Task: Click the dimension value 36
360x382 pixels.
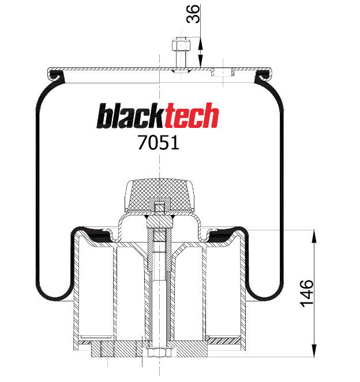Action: pyautogui.click(x=193, y=14)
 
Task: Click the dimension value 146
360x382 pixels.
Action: pyautogui.click(x=306, y=293)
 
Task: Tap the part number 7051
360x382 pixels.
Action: pyautogui.click(x=159, y=142)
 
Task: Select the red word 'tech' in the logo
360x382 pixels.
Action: pyautogui.click(x=192, y=115)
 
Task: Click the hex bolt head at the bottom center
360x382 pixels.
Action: pyautogui.click(x=159, y=352)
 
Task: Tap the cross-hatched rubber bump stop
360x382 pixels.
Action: pyautogui.click(x=159, y=195)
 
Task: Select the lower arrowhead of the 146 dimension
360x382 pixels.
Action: pyautogui.click(x=314, y=350)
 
